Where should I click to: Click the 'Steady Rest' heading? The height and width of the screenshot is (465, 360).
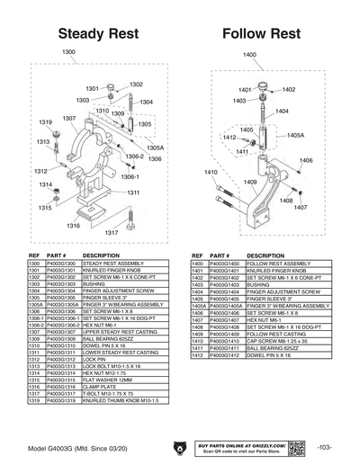click(91, 33)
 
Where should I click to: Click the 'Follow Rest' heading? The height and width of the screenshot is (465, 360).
click(260, 33)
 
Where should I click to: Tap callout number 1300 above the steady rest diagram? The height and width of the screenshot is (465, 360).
click(68, 52)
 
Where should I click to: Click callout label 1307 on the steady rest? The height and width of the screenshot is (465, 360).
click(68, 119)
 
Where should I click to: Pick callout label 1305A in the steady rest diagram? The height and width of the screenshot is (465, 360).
click(155, 147)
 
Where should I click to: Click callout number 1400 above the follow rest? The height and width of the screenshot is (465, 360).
click(249, 55)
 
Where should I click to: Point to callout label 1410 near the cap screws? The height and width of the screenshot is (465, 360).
click(211, 171)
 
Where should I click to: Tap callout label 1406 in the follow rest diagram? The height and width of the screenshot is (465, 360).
click(306, 160)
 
